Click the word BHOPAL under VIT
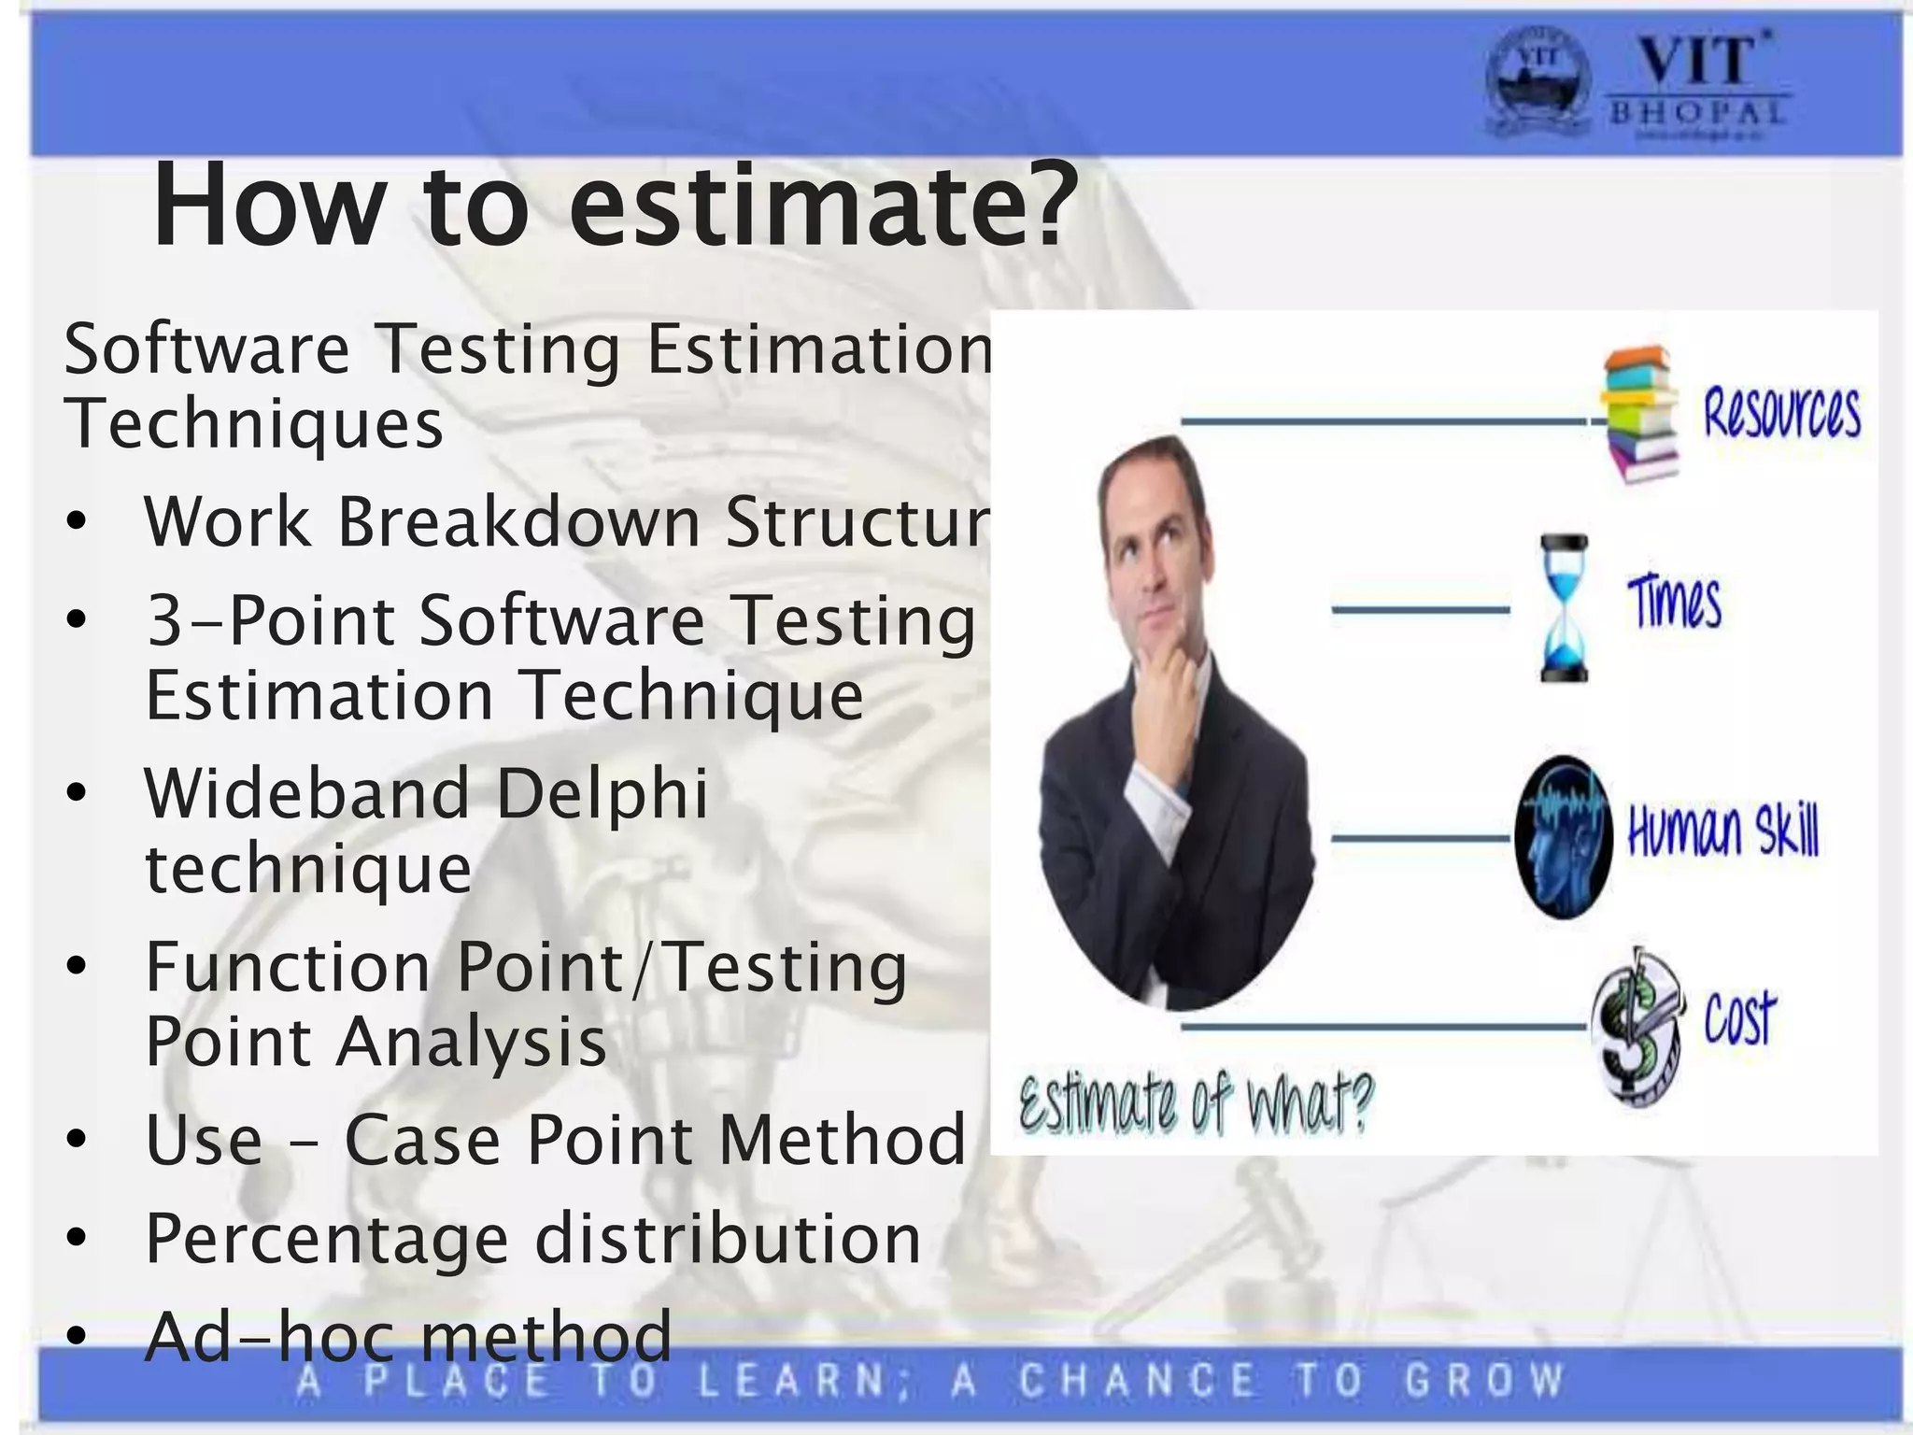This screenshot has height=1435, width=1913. click(x=1697, y=113)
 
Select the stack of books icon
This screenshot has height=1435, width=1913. click(x=1640, y=413)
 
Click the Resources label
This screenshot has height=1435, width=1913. click(x=1780, y=413)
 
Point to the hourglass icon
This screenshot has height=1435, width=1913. click(x=1563, y=607)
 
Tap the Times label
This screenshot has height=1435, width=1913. click(x=1674, y=603)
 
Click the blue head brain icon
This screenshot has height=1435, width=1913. click(x=1562, y=836)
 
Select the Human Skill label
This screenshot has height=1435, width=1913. click(x=1722, y=831)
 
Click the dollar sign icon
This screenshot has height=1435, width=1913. click(x=1637, y=1026)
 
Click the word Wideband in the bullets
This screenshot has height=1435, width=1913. click(x=306, y=793)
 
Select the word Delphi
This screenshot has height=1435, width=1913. click(x=602, y=793)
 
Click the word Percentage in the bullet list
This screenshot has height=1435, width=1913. click(x=327, y=1239)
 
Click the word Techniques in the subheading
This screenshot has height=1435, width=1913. click(x=253, y=423)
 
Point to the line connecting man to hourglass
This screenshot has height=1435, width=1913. click(x=1420, y=610)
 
